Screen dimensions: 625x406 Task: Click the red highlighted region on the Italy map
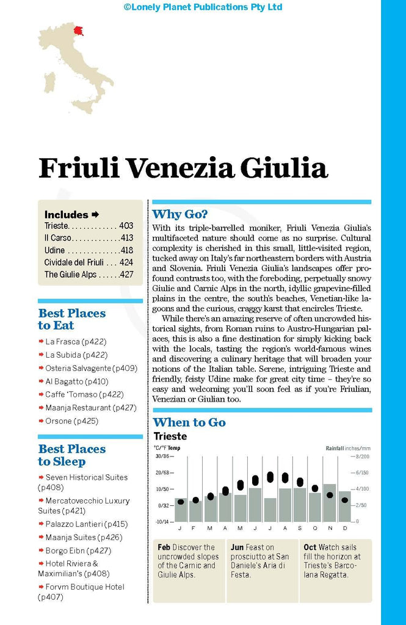point(79,29)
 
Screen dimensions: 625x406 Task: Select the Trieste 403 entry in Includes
point(89,226)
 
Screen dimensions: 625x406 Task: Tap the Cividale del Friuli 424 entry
point(89,262)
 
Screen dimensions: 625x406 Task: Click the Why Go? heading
point(180,214)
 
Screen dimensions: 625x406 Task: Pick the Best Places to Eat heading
point(72,319)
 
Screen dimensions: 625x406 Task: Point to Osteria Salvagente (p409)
point(91,368)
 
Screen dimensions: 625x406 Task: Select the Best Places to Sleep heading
point(72,455)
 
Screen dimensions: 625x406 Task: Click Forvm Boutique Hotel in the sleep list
point(85,587)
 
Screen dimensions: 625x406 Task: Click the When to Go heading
point(189,422)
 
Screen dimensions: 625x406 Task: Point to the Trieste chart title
point(170,436)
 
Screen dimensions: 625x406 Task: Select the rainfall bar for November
point(330,502)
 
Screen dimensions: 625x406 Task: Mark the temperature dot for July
point(270,477)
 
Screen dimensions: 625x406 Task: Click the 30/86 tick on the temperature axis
point(162,457)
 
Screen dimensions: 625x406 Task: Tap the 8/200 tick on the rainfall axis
point(362,457)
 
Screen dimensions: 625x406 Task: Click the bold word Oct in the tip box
point(310,547)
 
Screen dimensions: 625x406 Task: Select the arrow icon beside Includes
point(95,214)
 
